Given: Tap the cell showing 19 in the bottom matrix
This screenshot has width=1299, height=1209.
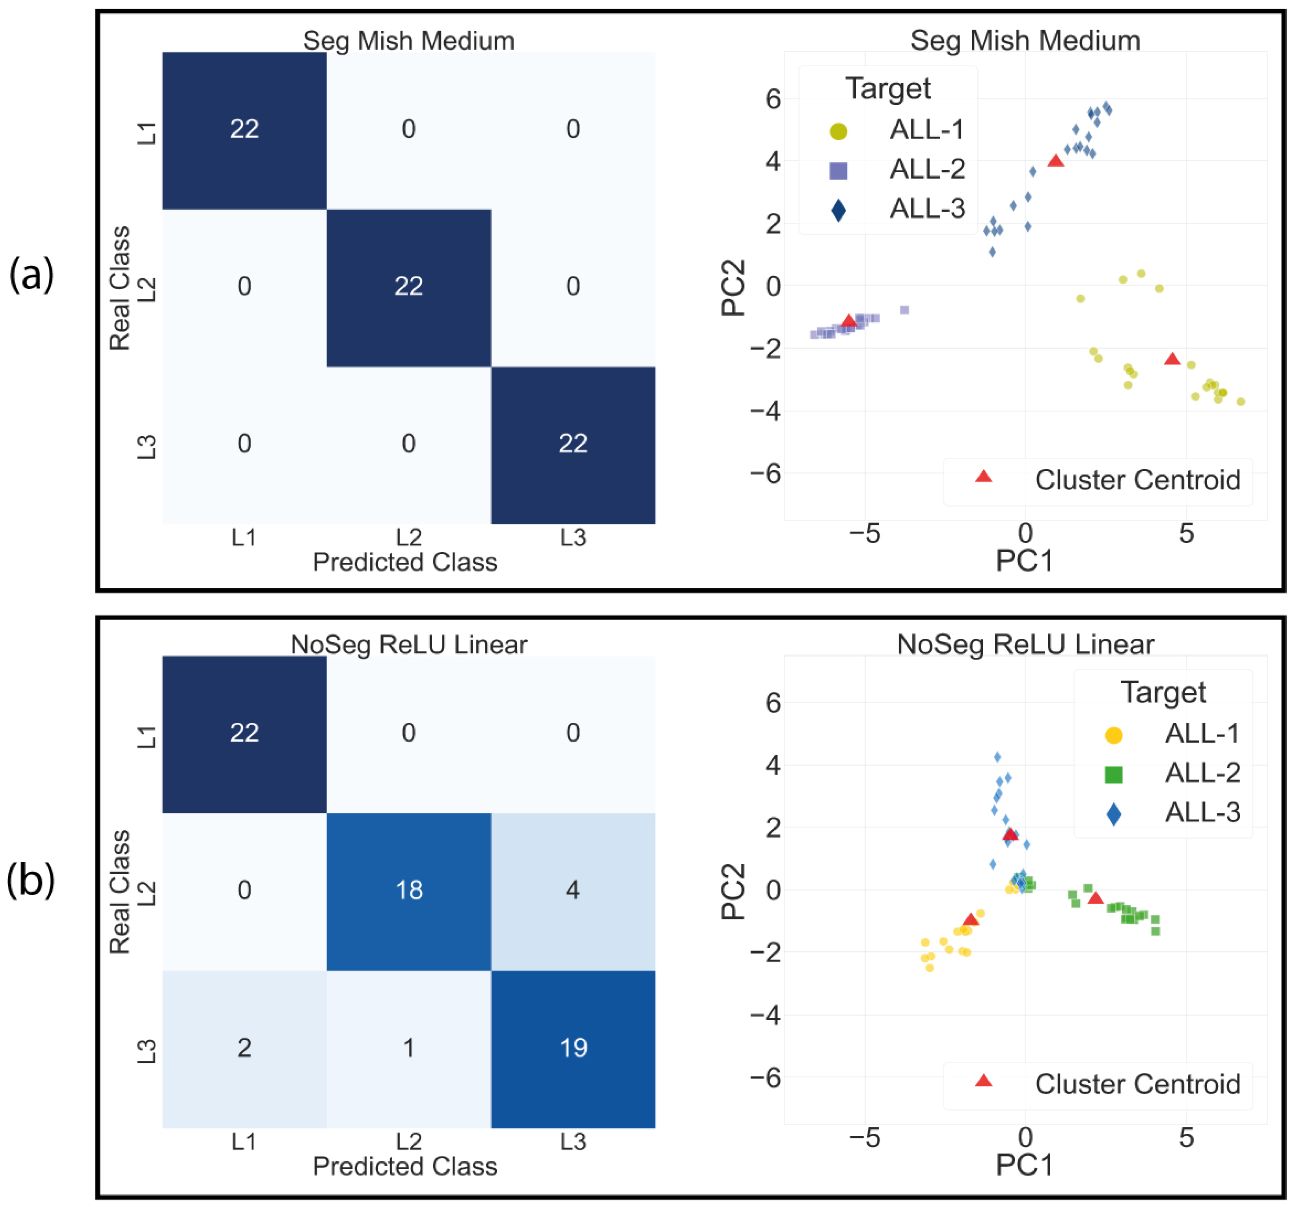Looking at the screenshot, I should pos(573,1048).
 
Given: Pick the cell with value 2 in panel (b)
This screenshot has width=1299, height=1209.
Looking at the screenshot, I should pos(244,1048).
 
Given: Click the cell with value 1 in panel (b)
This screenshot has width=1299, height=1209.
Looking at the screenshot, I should pos(409,1048).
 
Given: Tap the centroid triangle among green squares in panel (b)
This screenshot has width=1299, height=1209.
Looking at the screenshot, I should pos(1096,899).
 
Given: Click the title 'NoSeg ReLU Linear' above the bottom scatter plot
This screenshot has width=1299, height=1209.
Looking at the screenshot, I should pos(1025,645).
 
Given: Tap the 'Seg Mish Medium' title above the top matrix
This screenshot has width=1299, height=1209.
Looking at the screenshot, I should pos(409,41).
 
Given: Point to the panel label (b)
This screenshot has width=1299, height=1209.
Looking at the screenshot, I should pos(31,880).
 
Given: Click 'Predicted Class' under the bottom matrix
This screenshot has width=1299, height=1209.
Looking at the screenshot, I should pos(405,1166).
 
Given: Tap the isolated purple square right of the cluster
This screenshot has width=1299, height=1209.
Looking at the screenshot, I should pos(904,310).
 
